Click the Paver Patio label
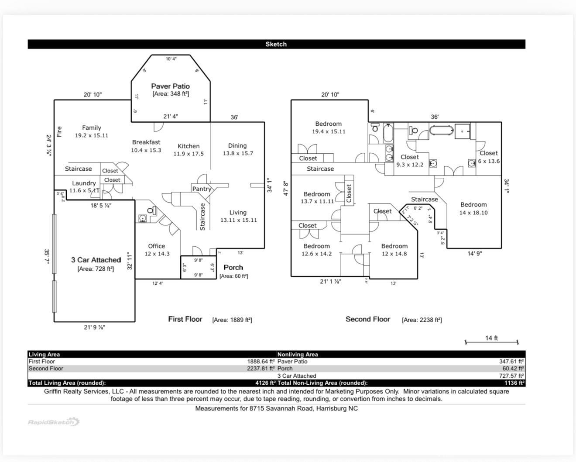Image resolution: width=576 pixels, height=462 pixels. (x=170, y=86)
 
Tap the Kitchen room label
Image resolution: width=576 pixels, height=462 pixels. (x=189, y=146)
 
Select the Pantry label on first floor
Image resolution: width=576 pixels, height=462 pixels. (x=201, y=189)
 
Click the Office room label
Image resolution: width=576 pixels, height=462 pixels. (x=156, y=246)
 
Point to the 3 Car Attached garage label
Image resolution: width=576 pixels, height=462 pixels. (x=96, y=260)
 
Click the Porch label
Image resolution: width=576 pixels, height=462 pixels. (x=233, y=267)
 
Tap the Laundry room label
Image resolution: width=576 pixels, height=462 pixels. (x=84, y=183)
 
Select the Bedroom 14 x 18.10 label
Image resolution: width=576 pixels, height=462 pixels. (x=473, y=205)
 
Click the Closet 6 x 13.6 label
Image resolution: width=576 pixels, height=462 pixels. (x=488, y=153)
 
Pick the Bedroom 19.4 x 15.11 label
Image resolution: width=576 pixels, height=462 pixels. (x=328, y=124)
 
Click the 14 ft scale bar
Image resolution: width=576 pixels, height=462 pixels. (x=491, y=342)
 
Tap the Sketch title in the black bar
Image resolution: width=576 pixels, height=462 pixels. (x=276, y=44)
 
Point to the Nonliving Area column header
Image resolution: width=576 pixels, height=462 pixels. (x=298, y=355)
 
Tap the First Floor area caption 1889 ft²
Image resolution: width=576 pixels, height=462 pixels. (x=232, y=320)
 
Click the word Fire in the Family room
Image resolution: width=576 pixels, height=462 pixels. (x=59, y=131)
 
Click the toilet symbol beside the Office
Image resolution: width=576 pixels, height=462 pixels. (x=151, y=210)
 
